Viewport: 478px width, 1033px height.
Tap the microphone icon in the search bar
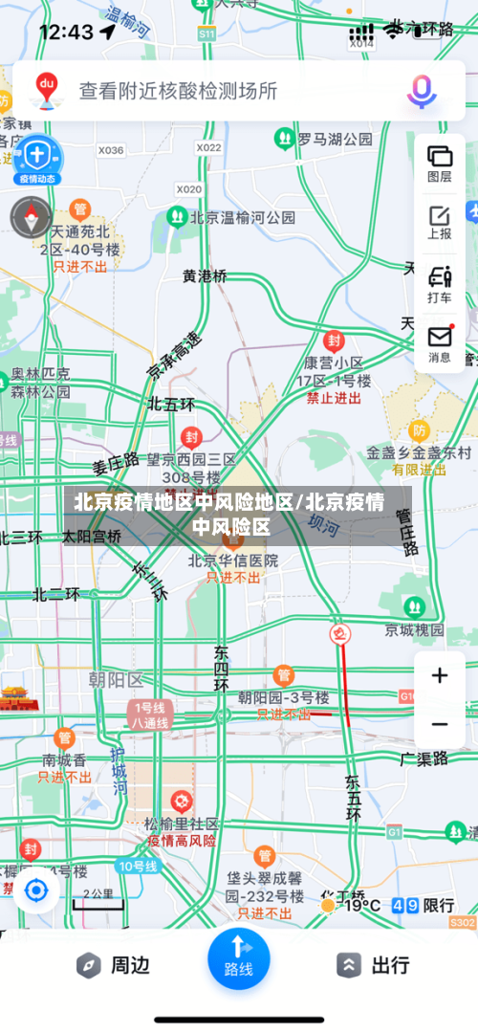[x=422, y=91]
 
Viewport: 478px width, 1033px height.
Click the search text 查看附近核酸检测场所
[x=178, y=91]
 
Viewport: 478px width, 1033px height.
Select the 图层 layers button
[x=440, y=163]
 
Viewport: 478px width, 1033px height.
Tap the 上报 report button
[x=440, y=222]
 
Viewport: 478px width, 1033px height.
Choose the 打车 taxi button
[x=440, y=284]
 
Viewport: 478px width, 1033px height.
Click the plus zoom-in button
[x=440, y=676]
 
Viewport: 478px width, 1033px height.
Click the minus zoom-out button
[x=440, y=724]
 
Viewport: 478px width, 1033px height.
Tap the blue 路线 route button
[x=238, y=956]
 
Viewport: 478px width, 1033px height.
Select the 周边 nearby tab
[x=114, y=965]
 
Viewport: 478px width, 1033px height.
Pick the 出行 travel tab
[x=374, y=965]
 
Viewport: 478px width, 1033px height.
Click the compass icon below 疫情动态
[x=31, y=217]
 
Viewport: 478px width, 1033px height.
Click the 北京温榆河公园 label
[x=243, y=217]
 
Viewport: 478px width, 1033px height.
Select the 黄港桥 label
[x=206, y=275]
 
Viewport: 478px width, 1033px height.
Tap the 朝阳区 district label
[x=115, y=680]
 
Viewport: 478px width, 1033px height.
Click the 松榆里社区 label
[x=181, y=824]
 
